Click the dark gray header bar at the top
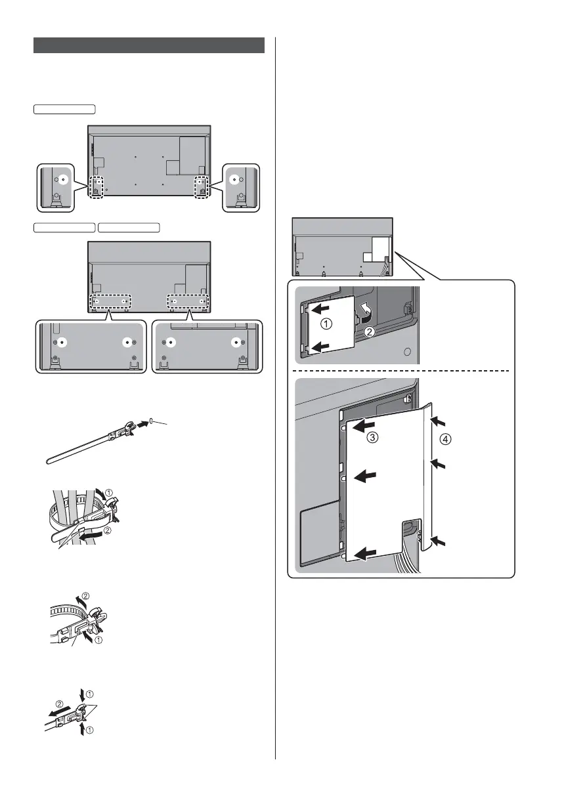[x=149, y=45]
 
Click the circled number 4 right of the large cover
[x=445, y=440]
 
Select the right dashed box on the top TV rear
[x=201, y=186]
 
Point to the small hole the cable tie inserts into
[x=152, y=420]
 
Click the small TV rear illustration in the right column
[x=342, y=247]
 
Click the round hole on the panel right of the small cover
[x=407, y=352]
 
